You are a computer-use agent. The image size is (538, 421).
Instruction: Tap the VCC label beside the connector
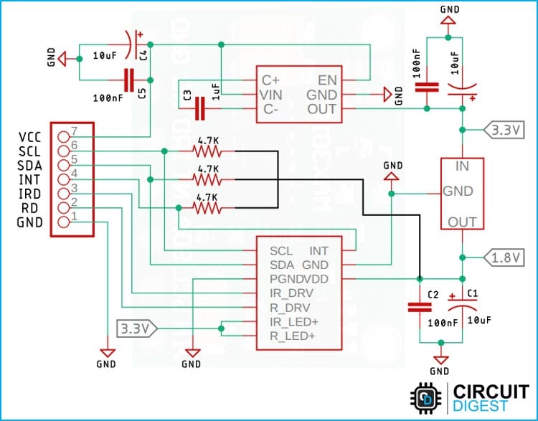click(31, 136)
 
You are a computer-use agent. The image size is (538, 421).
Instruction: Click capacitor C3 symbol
click(201, 108)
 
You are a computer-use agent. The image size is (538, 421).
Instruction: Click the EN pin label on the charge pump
click(328, 80)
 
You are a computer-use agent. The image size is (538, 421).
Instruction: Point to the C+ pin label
click(270, 80)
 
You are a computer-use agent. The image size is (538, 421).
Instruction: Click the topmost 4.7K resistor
click(208, 151)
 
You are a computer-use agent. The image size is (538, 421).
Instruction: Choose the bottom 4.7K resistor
click(208, 207)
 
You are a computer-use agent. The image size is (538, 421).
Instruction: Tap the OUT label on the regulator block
click(462, 222)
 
